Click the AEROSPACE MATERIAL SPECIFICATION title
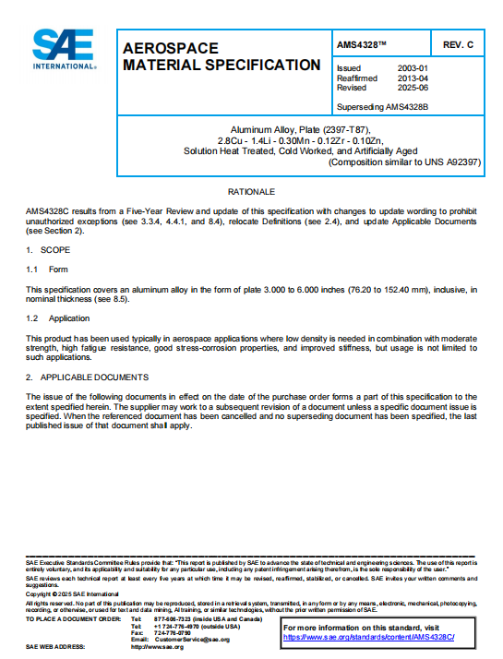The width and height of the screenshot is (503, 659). click(x=222, y=56)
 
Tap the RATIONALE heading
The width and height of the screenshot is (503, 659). click(x=252, y=191)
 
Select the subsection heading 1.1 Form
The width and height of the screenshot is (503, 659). click(x=47, y=270)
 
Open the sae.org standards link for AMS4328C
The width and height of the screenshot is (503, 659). click(x=370, y=637)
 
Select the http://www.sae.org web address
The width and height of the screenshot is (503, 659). click(x=158, y=647)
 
